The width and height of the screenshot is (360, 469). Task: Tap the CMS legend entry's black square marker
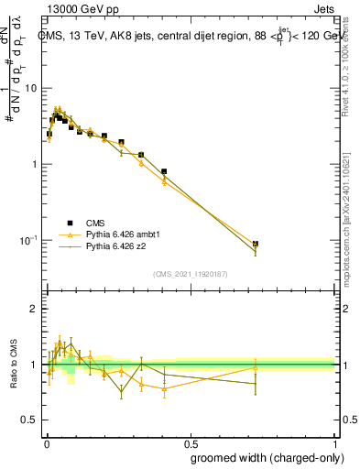pos(68,222)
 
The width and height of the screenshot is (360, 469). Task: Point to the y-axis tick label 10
pos(29,88)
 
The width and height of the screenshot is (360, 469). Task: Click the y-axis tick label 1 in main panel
pos(33,164)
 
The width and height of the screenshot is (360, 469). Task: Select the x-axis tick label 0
pos(46,442)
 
